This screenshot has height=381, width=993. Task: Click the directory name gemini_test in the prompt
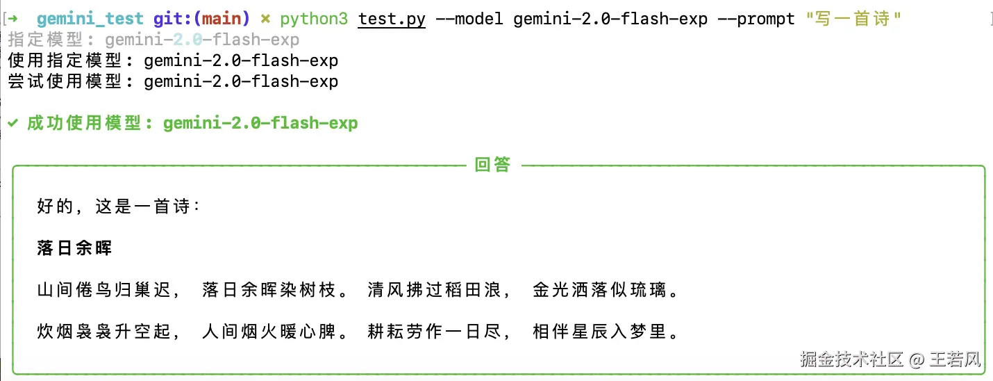point(90,19)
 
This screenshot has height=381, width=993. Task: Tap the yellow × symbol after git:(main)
point(265,19)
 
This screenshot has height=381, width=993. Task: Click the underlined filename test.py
point(392,19)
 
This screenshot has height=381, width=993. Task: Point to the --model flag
point(469,19)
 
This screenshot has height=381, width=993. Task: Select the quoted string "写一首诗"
point(853,19)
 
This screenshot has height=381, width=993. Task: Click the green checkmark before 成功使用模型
point(12,124)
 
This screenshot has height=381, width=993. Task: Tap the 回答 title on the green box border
point(492,165)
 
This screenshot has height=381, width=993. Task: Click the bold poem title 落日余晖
point(74,248)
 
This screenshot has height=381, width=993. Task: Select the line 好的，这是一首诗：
point(119,206)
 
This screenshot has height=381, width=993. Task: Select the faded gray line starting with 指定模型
point(153,40)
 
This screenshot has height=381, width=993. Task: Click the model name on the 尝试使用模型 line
point(241,81)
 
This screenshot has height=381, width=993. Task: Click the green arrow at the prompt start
point(15,19)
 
